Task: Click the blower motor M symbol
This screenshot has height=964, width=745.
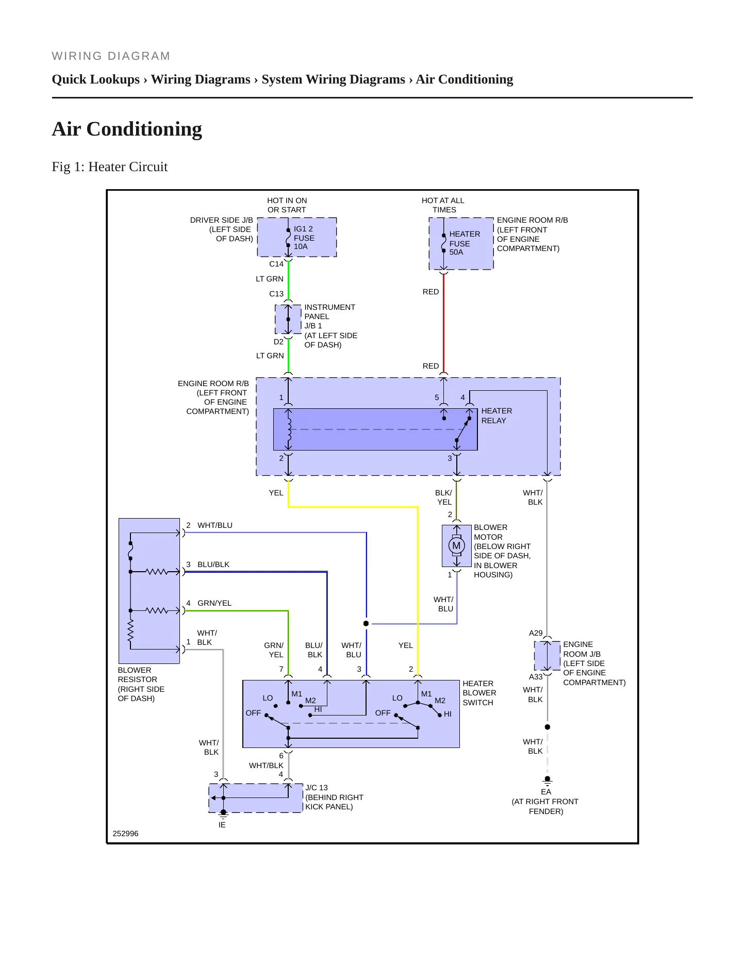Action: tap(456, 545)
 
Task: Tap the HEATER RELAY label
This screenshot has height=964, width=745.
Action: tap(496, 415)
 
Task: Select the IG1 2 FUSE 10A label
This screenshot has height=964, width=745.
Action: tap(304, 238)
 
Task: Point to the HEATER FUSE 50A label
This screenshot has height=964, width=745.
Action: tap(465, 243)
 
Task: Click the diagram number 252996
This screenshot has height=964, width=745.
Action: tap(125, 834)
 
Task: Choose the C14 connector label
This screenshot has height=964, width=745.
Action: tap(276, 264)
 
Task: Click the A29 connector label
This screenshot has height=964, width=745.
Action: tap(536, 633)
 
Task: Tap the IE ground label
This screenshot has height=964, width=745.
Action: tap(222, 825)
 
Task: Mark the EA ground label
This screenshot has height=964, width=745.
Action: tap(546, 792)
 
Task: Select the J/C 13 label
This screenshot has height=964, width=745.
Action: tap(317, 788)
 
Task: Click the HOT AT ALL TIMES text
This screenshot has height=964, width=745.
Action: tap(443, 205)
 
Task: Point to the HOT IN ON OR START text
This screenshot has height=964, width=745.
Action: tap(287, 205)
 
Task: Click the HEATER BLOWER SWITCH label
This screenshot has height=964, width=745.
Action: tap(479, 693)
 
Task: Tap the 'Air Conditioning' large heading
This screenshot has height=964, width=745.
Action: tap(127, 129)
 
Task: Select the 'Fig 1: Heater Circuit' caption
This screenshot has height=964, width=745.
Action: tap(110, 167)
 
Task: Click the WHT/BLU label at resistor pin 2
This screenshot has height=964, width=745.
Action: tap(215, 525)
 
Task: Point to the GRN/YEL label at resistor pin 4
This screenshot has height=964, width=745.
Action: tap(214, 603)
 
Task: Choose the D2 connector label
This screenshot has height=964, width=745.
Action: tap(278, 342)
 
